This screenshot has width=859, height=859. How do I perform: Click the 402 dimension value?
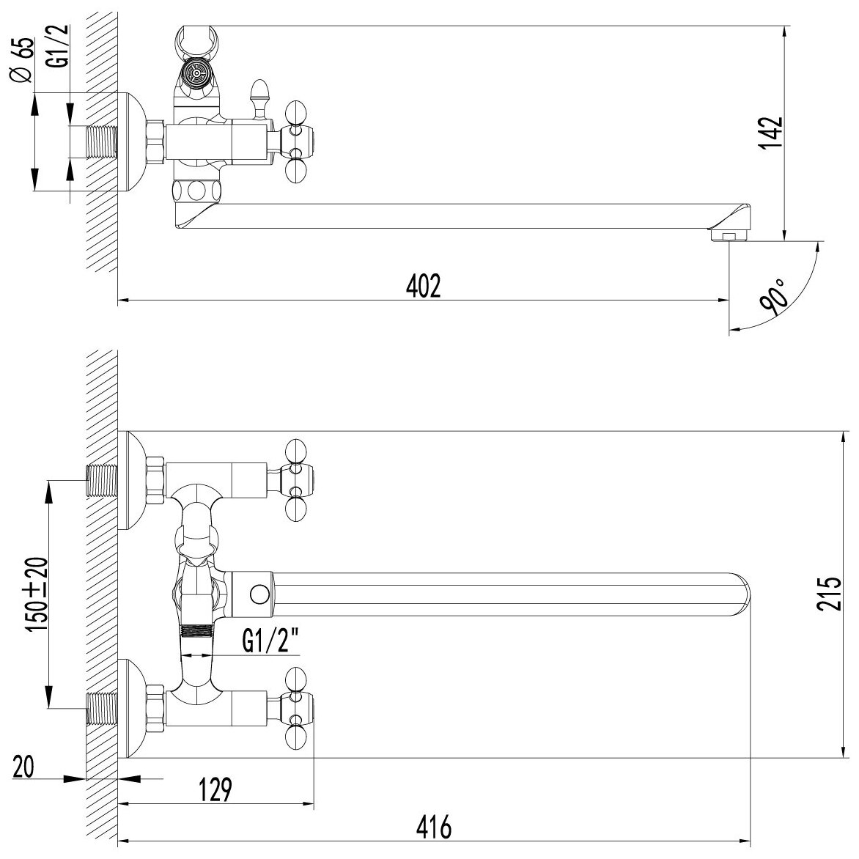424,286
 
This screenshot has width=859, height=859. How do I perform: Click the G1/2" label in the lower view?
270,644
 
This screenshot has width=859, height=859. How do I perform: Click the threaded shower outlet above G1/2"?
194,632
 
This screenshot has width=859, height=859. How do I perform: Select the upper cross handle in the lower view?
298,470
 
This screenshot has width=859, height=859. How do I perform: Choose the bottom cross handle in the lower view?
298,699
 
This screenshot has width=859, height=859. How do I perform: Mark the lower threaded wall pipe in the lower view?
102,707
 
